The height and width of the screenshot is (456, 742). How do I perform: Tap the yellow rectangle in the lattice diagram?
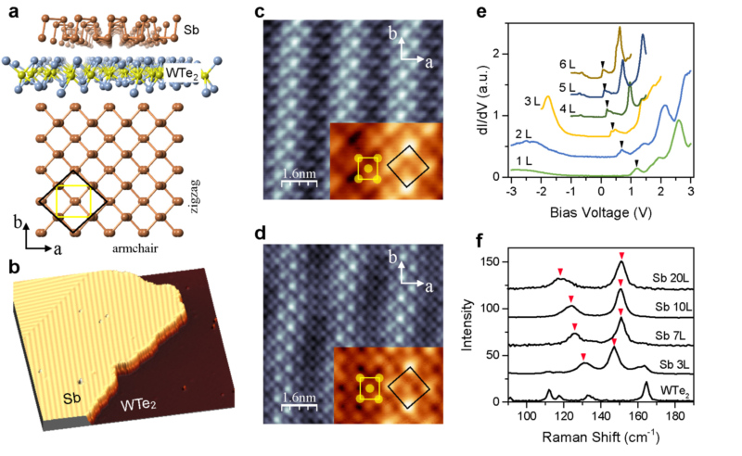pos(73,200)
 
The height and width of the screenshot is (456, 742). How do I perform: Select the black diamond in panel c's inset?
pos(408,168)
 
